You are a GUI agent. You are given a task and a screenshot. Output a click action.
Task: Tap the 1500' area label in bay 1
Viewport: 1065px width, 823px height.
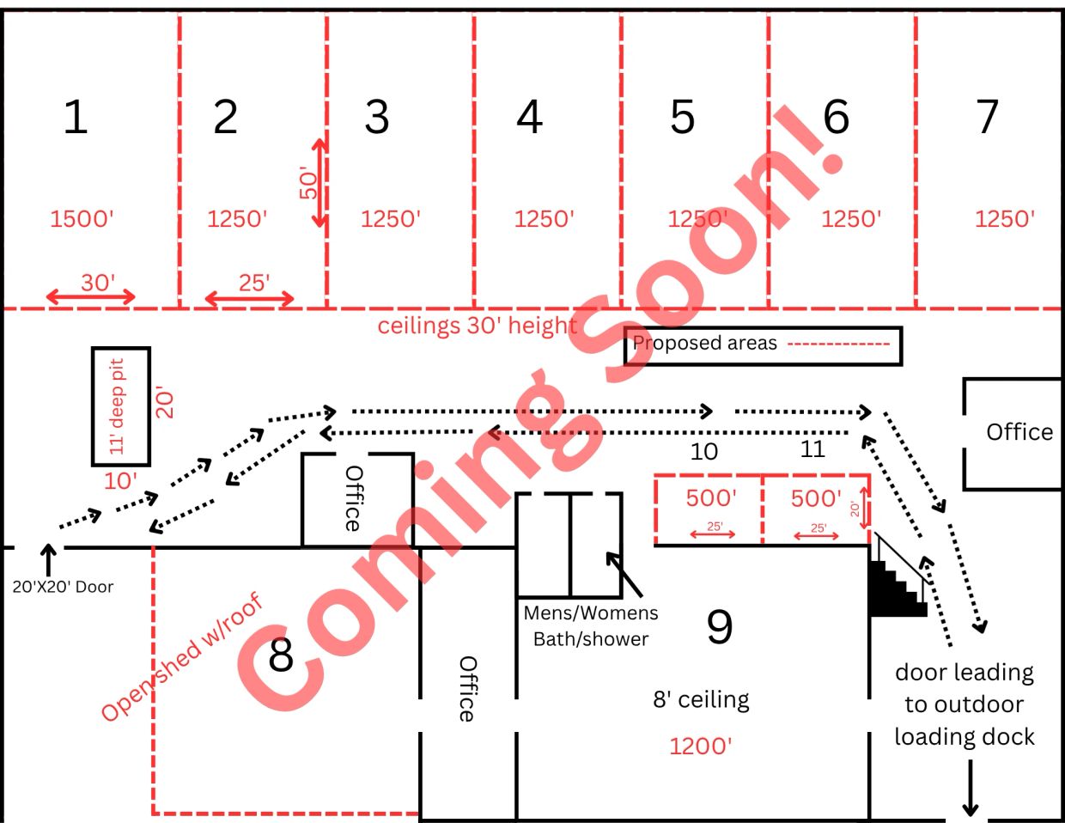82,218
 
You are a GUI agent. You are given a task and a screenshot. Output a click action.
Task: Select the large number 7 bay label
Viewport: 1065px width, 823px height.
986,117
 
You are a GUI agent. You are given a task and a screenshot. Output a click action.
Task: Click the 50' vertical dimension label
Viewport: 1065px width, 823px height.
308,182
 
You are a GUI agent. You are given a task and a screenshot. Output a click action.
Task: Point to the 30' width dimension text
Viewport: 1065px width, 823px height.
98,283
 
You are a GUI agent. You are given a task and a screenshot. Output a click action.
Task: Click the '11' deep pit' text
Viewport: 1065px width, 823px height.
117,406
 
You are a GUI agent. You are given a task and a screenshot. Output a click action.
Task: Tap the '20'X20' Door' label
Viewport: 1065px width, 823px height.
63,587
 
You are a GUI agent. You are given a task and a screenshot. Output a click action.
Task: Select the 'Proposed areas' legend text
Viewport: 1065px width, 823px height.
705,343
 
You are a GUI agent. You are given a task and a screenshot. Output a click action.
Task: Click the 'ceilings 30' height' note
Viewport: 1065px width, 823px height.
478,326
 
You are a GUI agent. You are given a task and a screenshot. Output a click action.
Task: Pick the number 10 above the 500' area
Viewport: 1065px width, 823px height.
703,452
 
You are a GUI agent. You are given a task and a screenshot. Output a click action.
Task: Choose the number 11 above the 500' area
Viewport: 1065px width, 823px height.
812,449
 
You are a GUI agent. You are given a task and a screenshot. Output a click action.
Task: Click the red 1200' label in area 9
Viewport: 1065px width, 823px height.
700,747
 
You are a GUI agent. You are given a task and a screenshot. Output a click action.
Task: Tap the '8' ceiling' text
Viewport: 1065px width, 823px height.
702,700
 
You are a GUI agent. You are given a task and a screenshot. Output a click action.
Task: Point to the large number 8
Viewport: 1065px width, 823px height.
281,655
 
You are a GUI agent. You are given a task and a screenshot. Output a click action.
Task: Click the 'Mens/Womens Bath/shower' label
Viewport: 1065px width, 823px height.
591,626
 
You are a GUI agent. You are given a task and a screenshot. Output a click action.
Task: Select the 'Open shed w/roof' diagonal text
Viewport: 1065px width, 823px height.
182,657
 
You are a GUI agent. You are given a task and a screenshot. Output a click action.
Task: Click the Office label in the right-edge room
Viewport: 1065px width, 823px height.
1019,432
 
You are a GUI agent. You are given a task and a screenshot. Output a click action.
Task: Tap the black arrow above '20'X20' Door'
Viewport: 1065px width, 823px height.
48,560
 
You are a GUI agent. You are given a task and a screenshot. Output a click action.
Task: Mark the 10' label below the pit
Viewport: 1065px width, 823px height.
120,481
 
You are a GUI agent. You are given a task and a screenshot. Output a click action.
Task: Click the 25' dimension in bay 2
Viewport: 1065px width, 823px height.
254,283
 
